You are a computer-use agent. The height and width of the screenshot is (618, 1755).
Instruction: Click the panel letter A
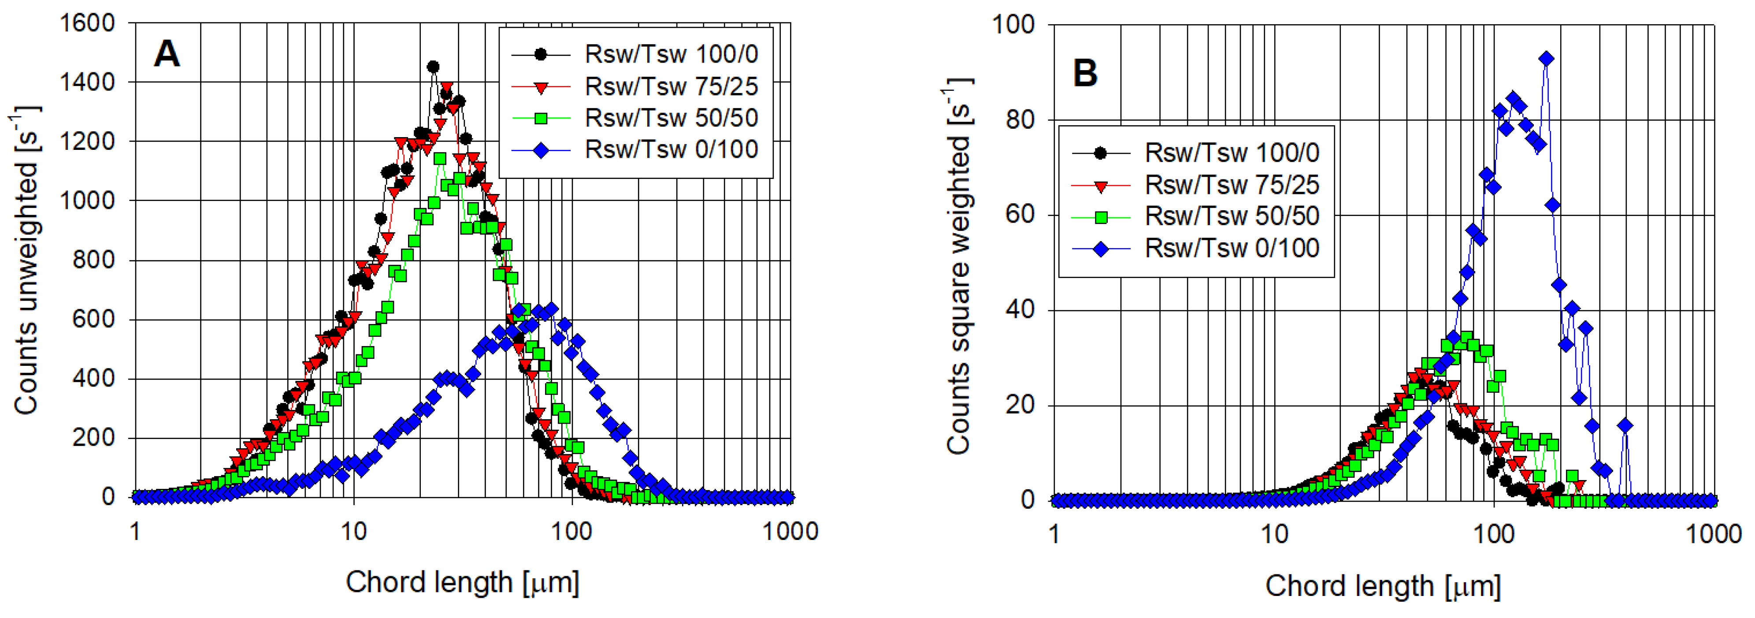coord(167,53)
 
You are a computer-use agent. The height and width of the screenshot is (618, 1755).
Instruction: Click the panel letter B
coord(1085,73)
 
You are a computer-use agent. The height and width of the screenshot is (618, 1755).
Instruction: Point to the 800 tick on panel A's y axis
coord(94,260)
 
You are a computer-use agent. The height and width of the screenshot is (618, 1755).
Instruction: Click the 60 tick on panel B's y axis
coord(1020,215)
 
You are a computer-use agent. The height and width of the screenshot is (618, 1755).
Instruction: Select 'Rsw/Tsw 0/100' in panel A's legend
coord(671,149)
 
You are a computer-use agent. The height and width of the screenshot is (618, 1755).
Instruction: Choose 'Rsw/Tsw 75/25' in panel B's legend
coord(1232,185)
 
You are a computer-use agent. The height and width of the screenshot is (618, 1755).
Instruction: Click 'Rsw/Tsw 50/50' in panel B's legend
coord(1232,216)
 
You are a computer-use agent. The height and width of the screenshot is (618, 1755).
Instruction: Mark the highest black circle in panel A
coord(433,67)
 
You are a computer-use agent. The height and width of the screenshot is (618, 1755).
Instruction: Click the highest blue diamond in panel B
coord(1547,59)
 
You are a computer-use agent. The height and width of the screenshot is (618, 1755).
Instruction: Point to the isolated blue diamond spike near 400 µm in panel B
coord(1625,426)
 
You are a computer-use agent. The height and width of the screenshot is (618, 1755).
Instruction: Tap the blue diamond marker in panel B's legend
coord(1101,249)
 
